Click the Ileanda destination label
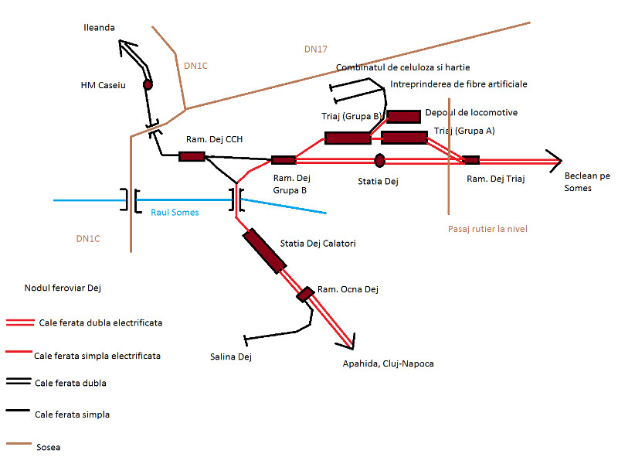[x=99, y=28]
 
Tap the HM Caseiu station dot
[x=148, y=84]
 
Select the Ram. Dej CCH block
[x=192, y=156]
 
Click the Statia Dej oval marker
[x=379, y=160]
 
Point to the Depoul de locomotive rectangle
[x=403, y=117]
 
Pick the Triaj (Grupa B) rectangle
[x=348, y=138]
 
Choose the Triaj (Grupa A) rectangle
[x=404, y=138]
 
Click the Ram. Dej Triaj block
[x=470, y=160]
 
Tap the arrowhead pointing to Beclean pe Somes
[x=555, y=160]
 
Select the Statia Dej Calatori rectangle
[x=263, y=251]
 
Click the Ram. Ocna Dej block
[x=306, y=294]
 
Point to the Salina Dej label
[x=231, y=357]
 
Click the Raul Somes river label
[x=175, y=213]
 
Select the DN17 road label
[x=316, y=49]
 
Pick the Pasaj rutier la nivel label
[x=487, y=229]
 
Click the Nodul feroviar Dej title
[x=63, y=288]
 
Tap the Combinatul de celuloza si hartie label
[x=402, y=68]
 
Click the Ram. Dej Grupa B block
[x=284, y=160]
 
